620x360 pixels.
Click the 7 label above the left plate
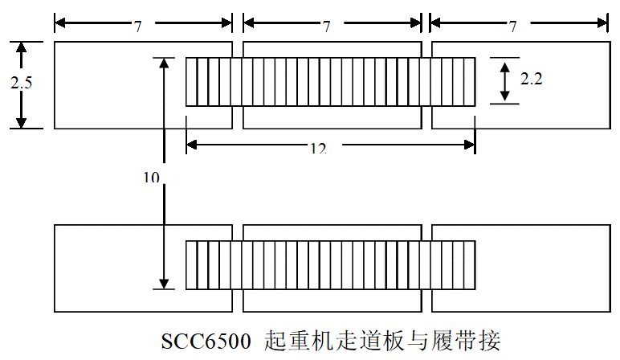(138, 27)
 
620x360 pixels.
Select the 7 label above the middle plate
(327, 27)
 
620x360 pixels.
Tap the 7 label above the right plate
(513, 27)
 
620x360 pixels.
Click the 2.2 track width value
(531, 80)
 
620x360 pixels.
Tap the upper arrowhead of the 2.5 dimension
(22, 47)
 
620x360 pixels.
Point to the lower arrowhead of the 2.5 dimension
(22, 121)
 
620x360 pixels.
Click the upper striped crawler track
(330, 81)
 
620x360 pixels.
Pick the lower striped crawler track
(330, 264)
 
